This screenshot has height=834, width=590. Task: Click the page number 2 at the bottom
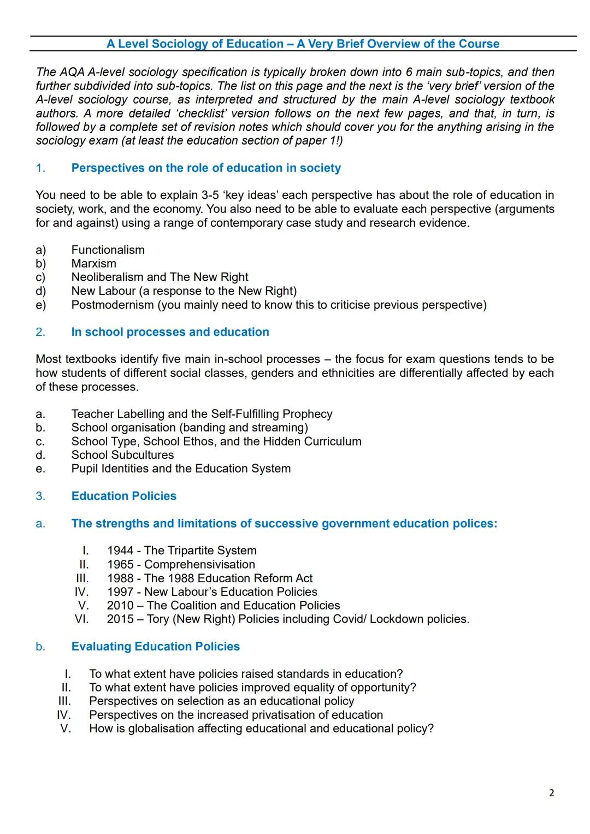[x=551, y=793]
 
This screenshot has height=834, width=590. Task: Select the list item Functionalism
[x=108, y=250]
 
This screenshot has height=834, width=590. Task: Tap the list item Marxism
[x=93, y=264]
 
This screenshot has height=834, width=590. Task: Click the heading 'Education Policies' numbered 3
[x=123, y=496]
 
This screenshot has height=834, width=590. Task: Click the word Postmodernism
[x=113, y=305]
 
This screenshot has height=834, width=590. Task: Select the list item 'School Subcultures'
[x=122, y=455]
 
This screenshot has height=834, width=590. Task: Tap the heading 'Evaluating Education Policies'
[x=155, y=647]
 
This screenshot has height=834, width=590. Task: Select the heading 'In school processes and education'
[x=170, y=332]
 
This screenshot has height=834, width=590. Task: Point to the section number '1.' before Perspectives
[x=40, y=168]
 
